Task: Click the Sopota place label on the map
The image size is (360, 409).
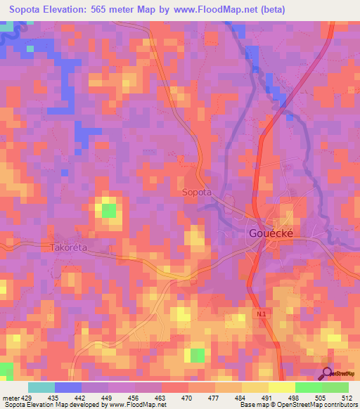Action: pos(197,192)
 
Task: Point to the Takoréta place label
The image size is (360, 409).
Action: pos(72,248)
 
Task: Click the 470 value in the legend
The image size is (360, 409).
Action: pos(188,397)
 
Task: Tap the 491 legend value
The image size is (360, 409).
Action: pos(267,397)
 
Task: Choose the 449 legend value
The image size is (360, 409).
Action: pos(108,397)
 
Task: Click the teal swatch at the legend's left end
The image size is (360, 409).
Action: pos(41,387)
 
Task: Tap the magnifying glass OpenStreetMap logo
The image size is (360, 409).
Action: pos(328,374)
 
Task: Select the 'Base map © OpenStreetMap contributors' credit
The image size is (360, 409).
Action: pos(296,405)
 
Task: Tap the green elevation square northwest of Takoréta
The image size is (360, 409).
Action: pos(109,209)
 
